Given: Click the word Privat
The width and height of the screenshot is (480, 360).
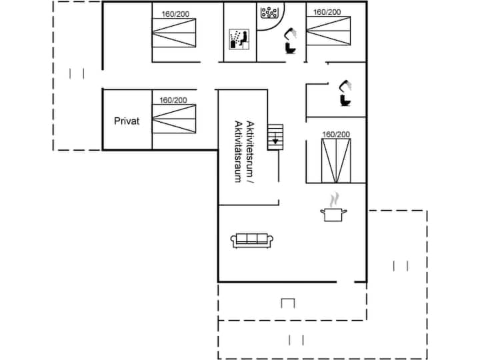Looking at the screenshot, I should (x=127, y=122).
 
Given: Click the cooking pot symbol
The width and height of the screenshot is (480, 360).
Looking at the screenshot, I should (x=333, y=215).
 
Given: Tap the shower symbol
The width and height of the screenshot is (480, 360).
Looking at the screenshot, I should (x=238, y=39).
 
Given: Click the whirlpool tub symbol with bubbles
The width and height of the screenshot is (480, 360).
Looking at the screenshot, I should (x=269, y=13).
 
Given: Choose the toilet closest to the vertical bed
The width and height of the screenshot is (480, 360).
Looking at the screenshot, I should (x=345, y=94).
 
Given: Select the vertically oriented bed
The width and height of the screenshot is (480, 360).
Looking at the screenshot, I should (x=336, y=160).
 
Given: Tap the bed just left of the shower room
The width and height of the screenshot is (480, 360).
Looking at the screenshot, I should (x=175, y=33).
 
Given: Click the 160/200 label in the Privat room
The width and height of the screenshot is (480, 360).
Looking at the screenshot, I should (x=173, y=100).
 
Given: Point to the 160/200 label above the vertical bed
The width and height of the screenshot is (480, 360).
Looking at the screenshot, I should (x=336, y=135).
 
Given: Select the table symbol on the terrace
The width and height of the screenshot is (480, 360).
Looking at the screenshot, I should (x=288, y=304).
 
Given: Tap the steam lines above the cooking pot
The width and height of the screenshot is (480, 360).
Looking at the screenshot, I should (x=335, y=199).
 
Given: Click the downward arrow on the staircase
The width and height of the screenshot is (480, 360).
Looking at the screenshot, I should (x=274, y=141).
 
